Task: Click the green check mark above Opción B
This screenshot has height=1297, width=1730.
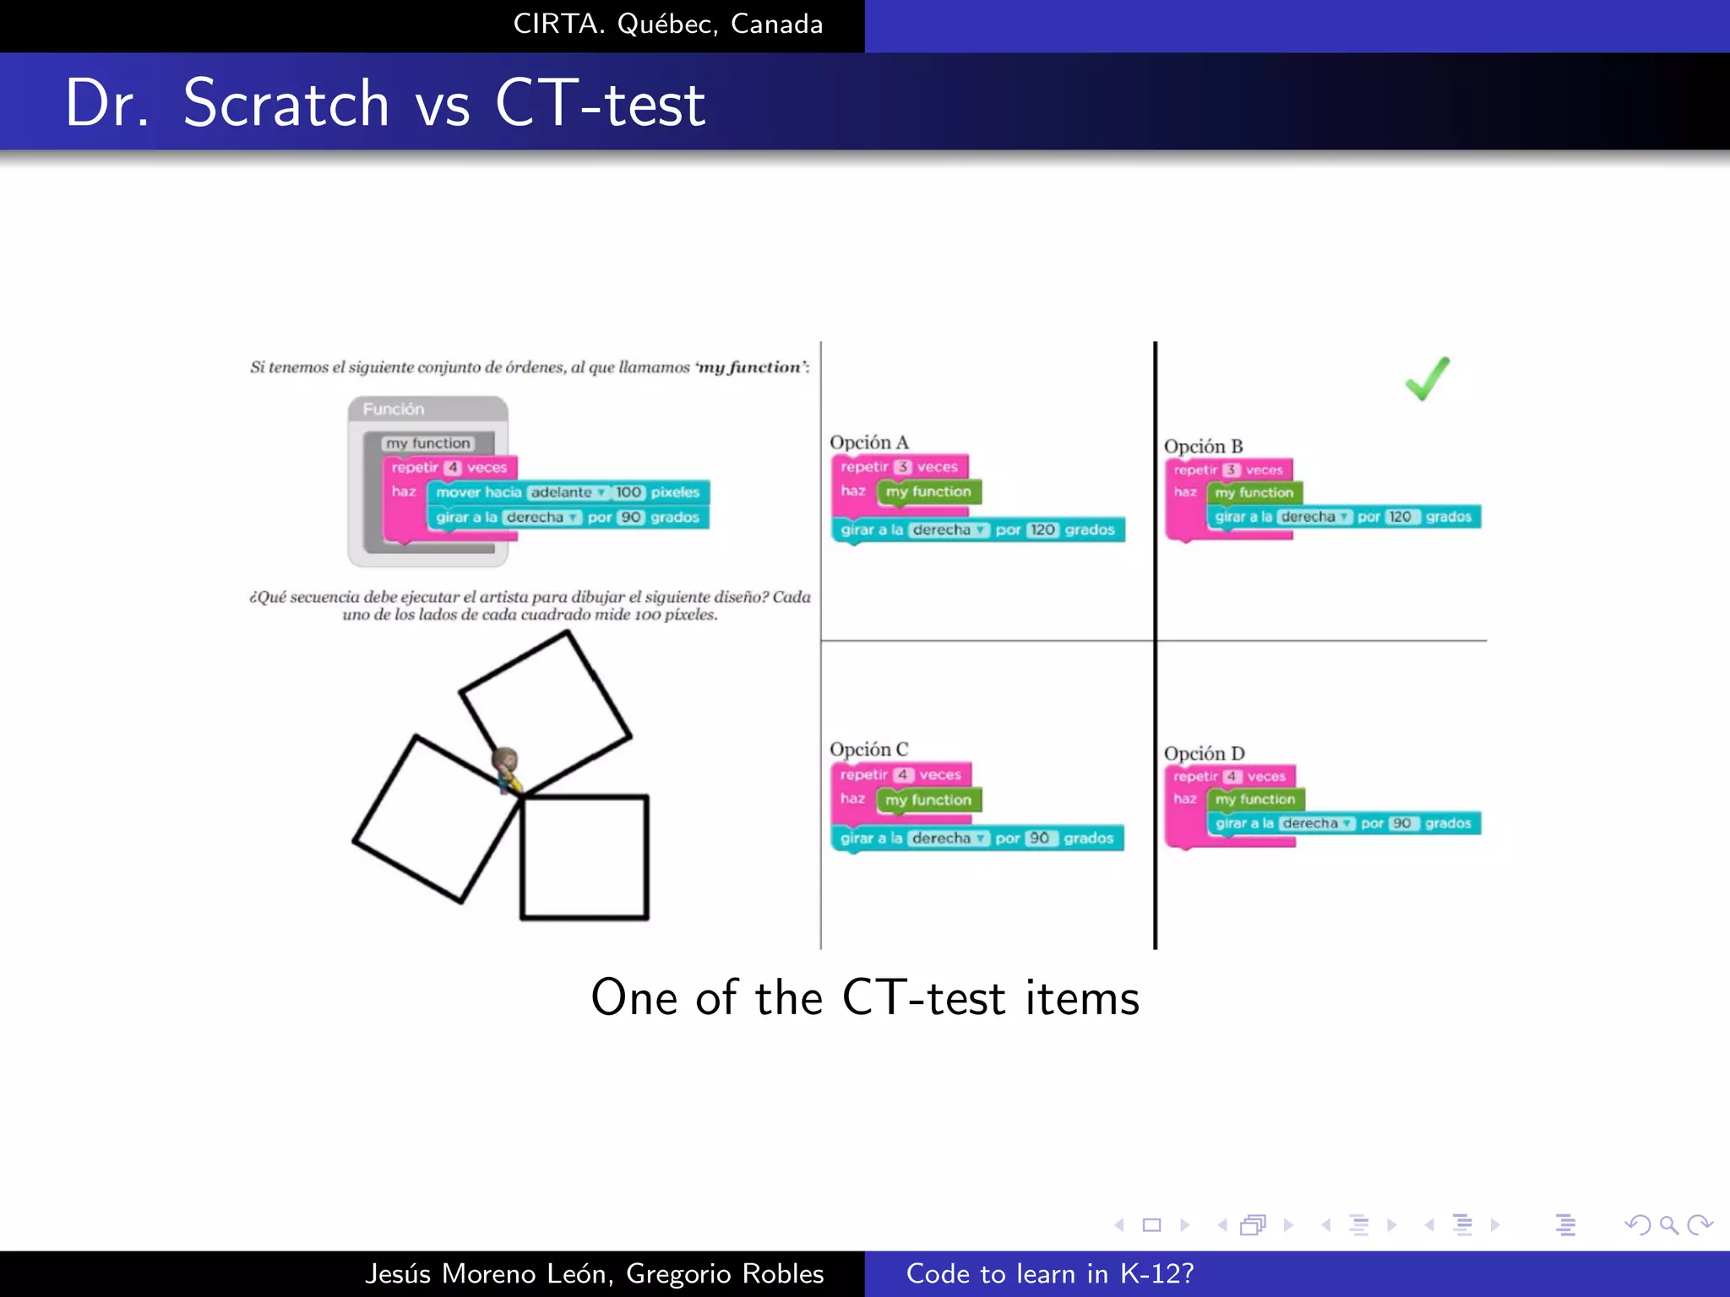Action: coord(1427,380)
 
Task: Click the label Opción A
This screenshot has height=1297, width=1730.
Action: coord(868,442)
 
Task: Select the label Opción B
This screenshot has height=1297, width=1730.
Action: coord(1203,446)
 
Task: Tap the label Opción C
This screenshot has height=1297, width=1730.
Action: coord(868,749)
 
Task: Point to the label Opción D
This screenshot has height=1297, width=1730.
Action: coord(1204,753)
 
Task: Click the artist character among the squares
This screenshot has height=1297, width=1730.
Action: coord(506,768)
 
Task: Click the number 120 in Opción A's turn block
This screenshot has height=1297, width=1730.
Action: coord(1042,529)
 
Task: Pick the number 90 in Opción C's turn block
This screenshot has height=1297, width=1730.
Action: coord(1040,838)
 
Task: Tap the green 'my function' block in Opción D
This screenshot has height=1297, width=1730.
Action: coord(1255,799)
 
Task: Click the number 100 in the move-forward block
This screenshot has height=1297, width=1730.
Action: coord(628,492)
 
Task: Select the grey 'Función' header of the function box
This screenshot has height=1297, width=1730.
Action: coord(394,410)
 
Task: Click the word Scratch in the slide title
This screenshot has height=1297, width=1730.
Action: coord(286,104)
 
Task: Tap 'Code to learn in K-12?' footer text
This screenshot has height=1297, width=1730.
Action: coord(1050,1273)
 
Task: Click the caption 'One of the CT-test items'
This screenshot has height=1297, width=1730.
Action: coord(865,997)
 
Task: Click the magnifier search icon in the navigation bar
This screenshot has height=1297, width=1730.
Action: coord(1668,1224)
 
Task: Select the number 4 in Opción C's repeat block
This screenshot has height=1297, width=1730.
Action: coord(902,774)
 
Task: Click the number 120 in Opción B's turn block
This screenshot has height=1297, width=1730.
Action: coord(1400,517)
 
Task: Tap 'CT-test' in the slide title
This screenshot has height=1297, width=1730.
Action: coord(600,104)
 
